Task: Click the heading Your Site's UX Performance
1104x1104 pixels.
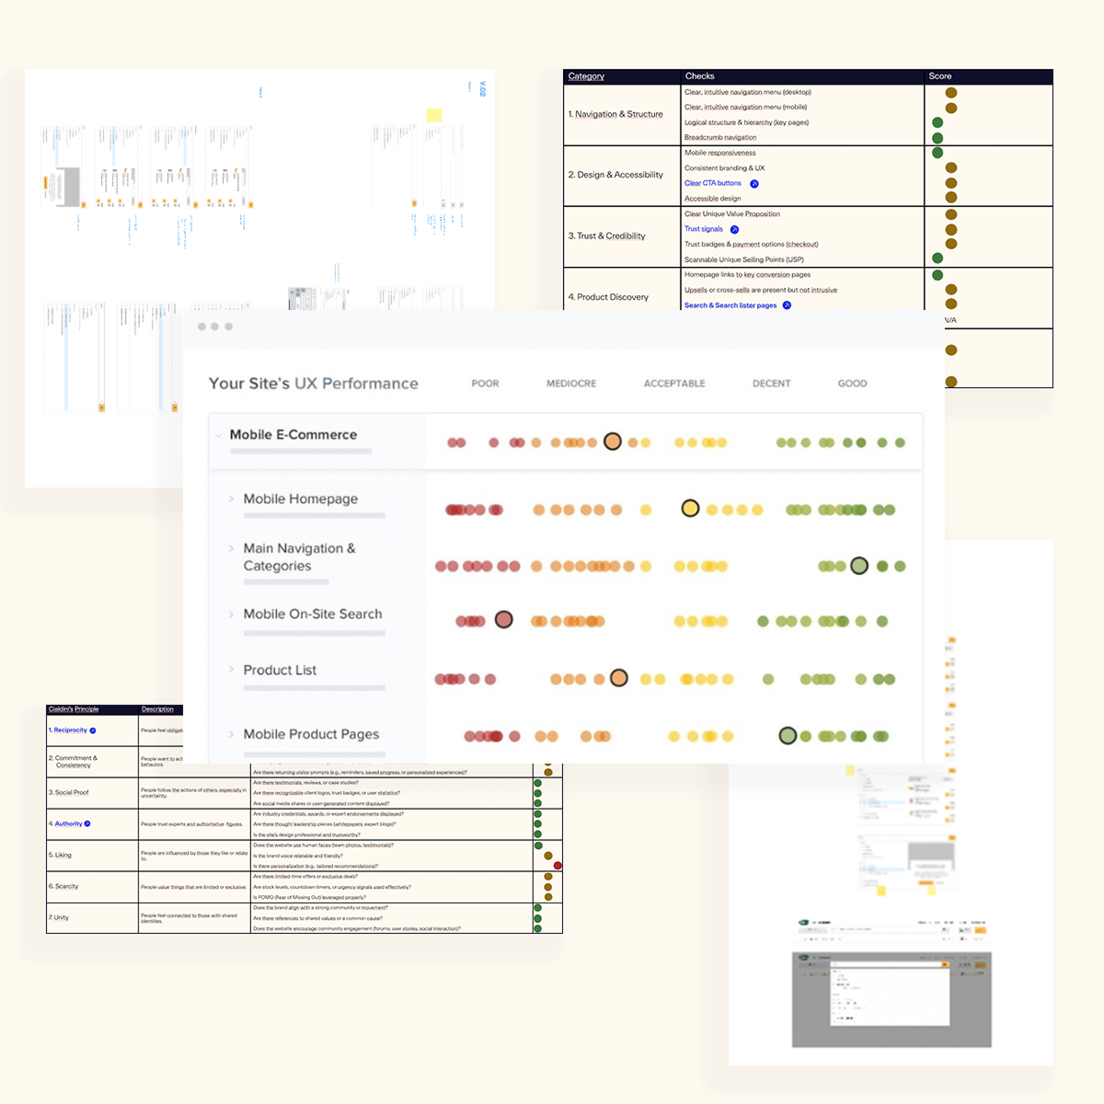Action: [313, 384]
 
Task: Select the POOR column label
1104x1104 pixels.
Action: [485, 384]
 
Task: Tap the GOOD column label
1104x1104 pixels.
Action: [852, 384]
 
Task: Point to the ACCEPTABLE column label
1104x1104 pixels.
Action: [674, 384]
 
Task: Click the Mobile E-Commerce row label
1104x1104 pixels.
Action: [293, 435]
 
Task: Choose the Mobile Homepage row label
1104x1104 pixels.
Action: [300, 499]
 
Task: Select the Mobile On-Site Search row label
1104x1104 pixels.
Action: [312, 614]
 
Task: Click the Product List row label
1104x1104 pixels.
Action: [280, 670]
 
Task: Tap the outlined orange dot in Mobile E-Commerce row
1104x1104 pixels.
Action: [613, 442]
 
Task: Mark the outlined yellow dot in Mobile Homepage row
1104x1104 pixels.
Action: [690, 508]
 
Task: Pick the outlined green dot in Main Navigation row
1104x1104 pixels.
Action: [859, 566]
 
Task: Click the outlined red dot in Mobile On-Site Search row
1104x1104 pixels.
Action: [503, 619]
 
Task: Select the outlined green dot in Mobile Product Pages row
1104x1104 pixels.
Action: [788, 735]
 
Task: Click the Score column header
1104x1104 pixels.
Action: [940, 76]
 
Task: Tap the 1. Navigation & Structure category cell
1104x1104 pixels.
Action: [615, 114]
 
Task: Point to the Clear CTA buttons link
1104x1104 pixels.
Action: [713, 183]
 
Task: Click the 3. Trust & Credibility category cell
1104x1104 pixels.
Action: [606, 236]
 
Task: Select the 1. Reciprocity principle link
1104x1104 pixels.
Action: [68, 730]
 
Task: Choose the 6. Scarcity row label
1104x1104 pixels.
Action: [63, 886]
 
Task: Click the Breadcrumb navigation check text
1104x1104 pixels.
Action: [720, 137]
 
